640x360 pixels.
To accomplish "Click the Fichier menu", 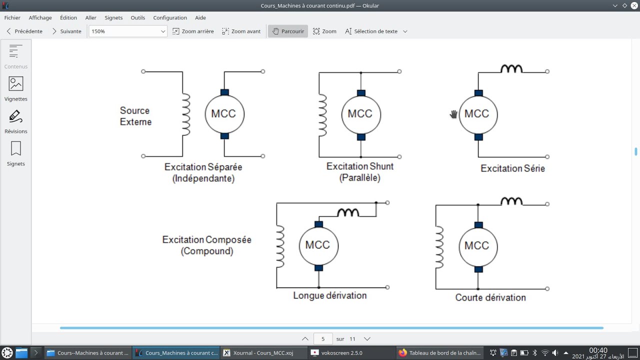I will pyautogui.click(x=12, y=17).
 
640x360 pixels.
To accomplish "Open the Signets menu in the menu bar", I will pyautogui.click(x=113, y=17).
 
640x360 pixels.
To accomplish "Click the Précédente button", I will pyautogui.click(x=24, y=31).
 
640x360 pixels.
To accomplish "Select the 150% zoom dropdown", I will pyautogui.click(x=127, y=31).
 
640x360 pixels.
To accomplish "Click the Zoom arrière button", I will pyautogui.click(x=193, y=31).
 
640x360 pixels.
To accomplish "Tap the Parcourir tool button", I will pyautogui.click(x=288, y=31).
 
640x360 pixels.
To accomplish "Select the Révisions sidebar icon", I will pyautogui.click(x=16, y=121).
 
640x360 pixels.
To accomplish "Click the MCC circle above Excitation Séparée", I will pyautogui.click(x=224, y=114).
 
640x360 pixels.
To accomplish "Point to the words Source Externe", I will pyautogui.click(x=135, y=116).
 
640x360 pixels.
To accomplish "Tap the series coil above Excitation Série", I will pyautogui.click(x=511, y=69).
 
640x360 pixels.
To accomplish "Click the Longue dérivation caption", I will pyautogui.click(x=329, y=295).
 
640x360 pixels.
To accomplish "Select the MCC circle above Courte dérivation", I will pyautogui.click(x=477, y=246).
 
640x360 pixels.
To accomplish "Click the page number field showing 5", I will pyautogui.click(x=323, y=338).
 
